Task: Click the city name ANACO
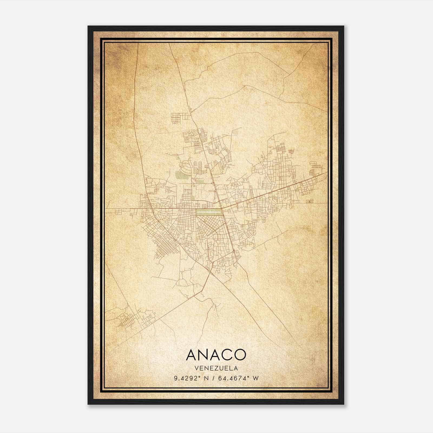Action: click(216, 355)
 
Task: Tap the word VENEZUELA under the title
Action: click(216, 368)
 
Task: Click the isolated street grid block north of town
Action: click(180, 119)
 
